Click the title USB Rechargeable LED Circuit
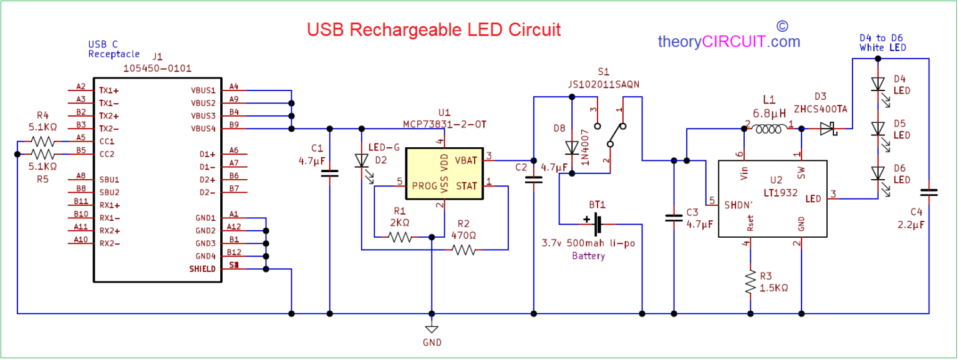click(x=433, y=29)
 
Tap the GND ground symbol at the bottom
click(x=431, y=329)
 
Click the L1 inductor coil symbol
click(x=770, y=129)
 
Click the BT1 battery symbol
click(x=597, y=223)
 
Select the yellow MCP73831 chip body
click(x=445, y=173)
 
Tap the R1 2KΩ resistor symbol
click(x=400, y=237)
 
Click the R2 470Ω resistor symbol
click(x=463, y=250)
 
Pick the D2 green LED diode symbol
click(x=362, y=161)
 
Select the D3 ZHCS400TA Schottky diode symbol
click(x=828, y=129)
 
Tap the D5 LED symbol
click(x=878, y=129)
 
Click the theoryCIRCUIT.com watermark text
click(x=728, y=42)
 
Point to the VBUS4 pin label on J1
click(x=203, y=129)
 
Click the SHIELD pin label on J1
click(x=202, y=269)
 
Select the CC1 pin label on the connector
click(x=106, y=141)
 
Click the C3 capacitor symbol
click(x=674, y=218)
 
